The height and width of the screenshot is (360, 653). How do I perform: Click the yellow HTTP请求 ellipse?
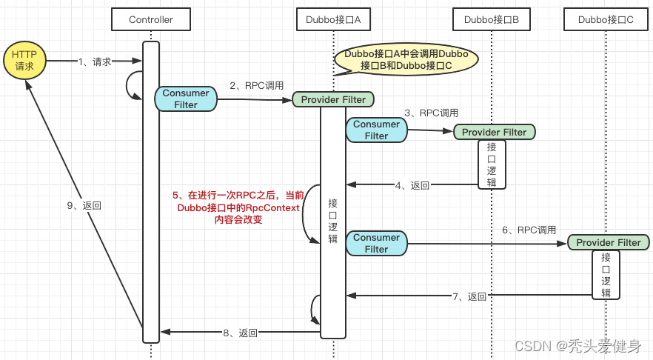24,61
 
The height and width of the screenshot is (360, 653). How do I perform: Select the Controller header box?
150,19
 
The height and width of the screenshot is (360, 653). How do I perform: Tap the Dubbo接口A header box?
333,19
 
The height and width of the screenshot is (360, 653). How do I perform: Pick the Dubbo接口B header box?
492,19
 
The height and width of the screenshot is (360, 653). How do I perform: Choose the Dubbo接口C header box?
606,19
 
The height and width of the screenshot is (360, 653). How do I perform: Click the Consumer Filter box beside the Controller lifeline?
185,99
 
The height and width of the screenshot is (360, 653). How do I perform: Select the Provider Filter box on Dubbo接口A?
333,99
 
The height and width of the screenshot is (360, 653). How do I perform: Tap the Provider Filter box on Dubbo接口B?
494,132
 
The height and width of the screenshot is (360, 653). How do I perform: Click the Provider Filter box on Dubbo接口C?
608,242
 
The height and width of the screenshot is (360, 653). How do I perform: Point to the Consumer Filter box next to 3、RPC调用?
376,130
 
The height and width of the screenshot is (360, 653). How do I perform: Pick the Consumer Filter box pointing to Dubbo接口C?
376,243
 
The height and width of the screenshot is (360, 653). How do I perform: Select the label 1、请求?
95,62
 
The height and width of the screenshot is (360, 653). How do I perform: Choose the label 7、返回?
469,296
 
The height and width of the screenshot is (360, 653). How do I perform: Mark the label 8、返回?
240,333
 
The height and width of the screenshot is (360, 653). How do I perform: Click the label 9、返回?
83,206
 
